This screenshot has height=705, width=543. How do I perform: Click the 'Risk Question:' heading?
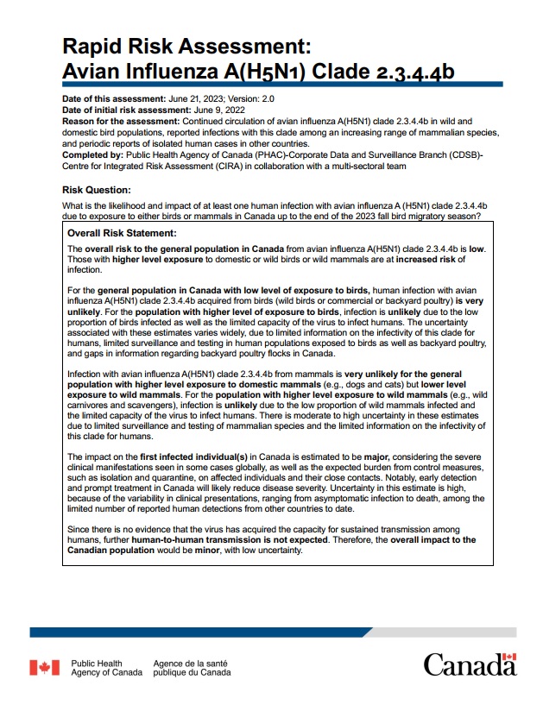[x=97, y=190]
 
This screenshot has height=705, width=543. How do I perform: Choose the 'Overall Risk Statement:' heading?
[x=122, y=233]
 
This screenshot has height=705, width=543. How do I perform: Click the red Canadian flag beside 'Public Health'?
[x=45, y=667]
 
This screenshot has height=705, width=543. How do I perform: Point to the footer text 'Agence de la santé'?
[x=192, y=663]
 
